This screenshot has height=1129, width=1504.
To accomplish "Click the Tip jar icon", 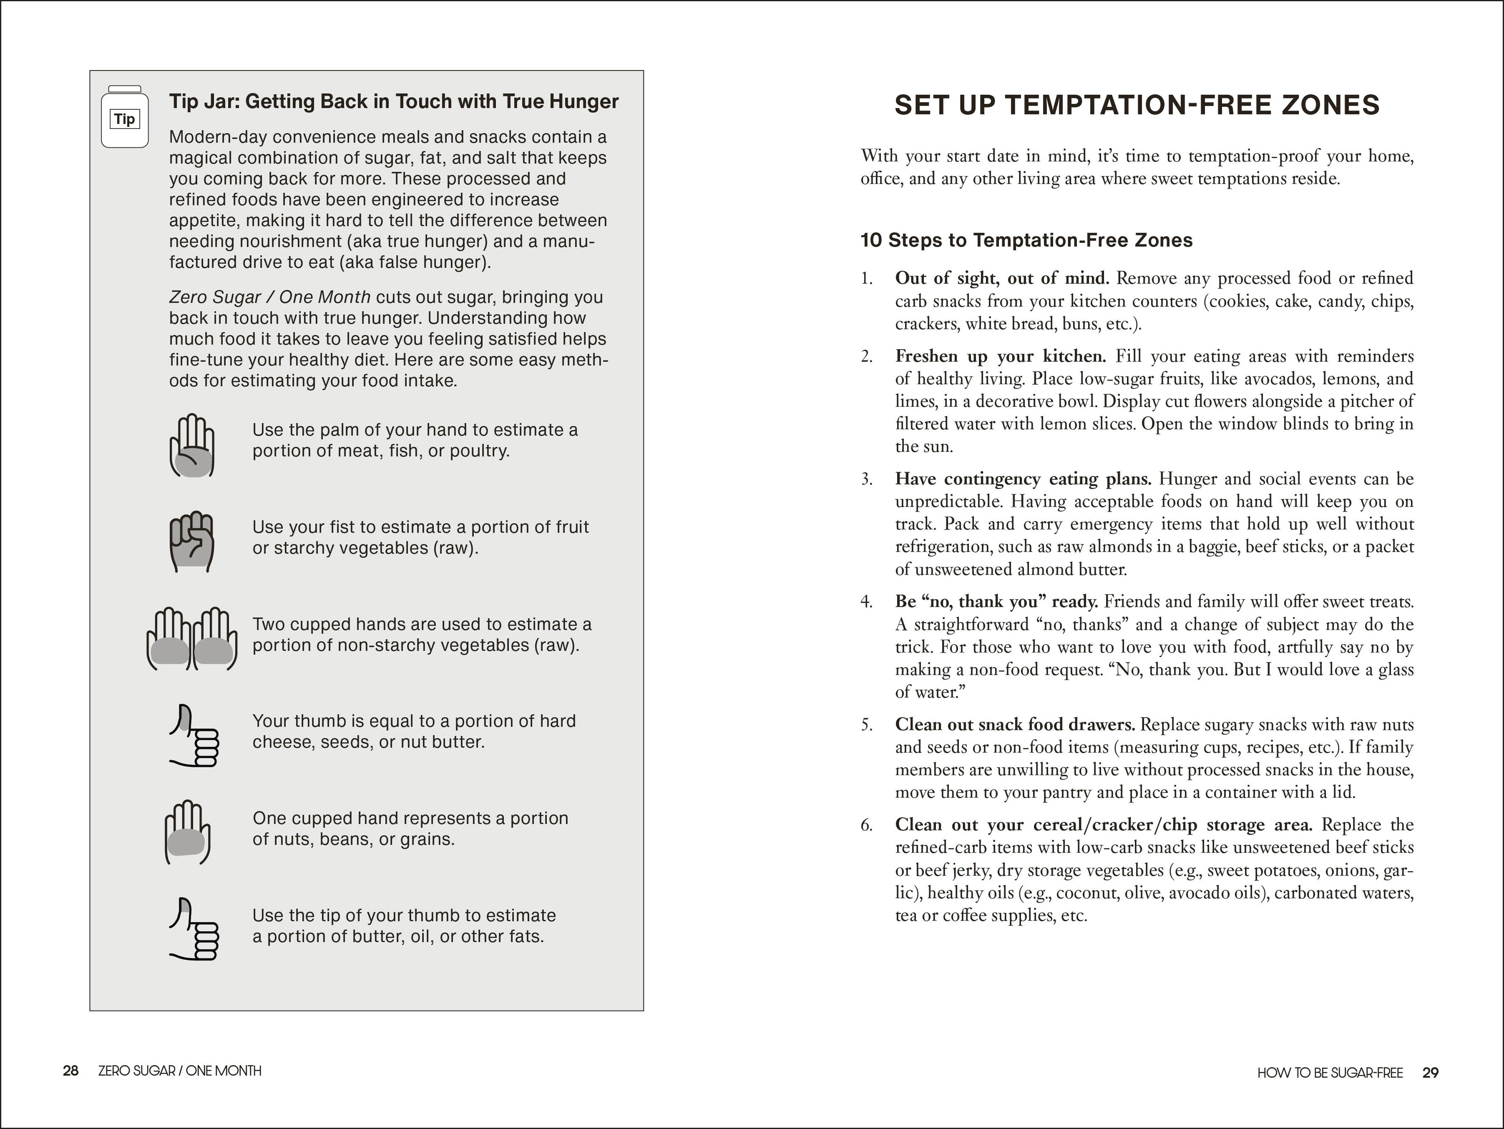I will click(x=124, y=117).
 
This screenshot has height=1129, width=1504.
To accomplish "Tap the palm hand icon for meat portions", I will click(x=192, y=446).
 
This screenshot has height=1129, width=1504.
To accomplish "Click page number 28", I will click(x=71, y=1071).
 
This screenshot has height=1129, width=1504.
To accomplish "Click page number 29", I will click(x=1431, y=1073).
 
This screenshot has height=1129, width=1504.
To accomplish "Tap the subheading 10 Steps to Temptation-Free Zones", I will click(x=1026, y=240).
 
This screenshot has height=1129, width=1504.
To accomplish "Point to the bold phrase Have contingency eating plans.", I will click(x=1023, y=479).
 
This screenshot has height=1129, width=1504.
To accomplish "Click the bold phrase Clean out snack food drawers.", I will click(x=1014, y=724).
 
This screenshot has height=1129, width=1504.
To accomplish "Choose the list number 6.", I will click(x=866, y=825).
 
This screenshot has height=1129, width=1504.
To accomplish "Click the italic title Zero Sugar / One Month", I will click(x=269, y=297).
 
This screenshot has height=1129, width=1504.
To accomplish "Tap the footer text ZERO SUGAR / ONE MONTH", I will click(x=179, y=1071).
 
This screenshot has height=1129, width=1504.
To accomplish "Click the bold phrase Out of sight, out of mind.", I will click(x=1001, y=278).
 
